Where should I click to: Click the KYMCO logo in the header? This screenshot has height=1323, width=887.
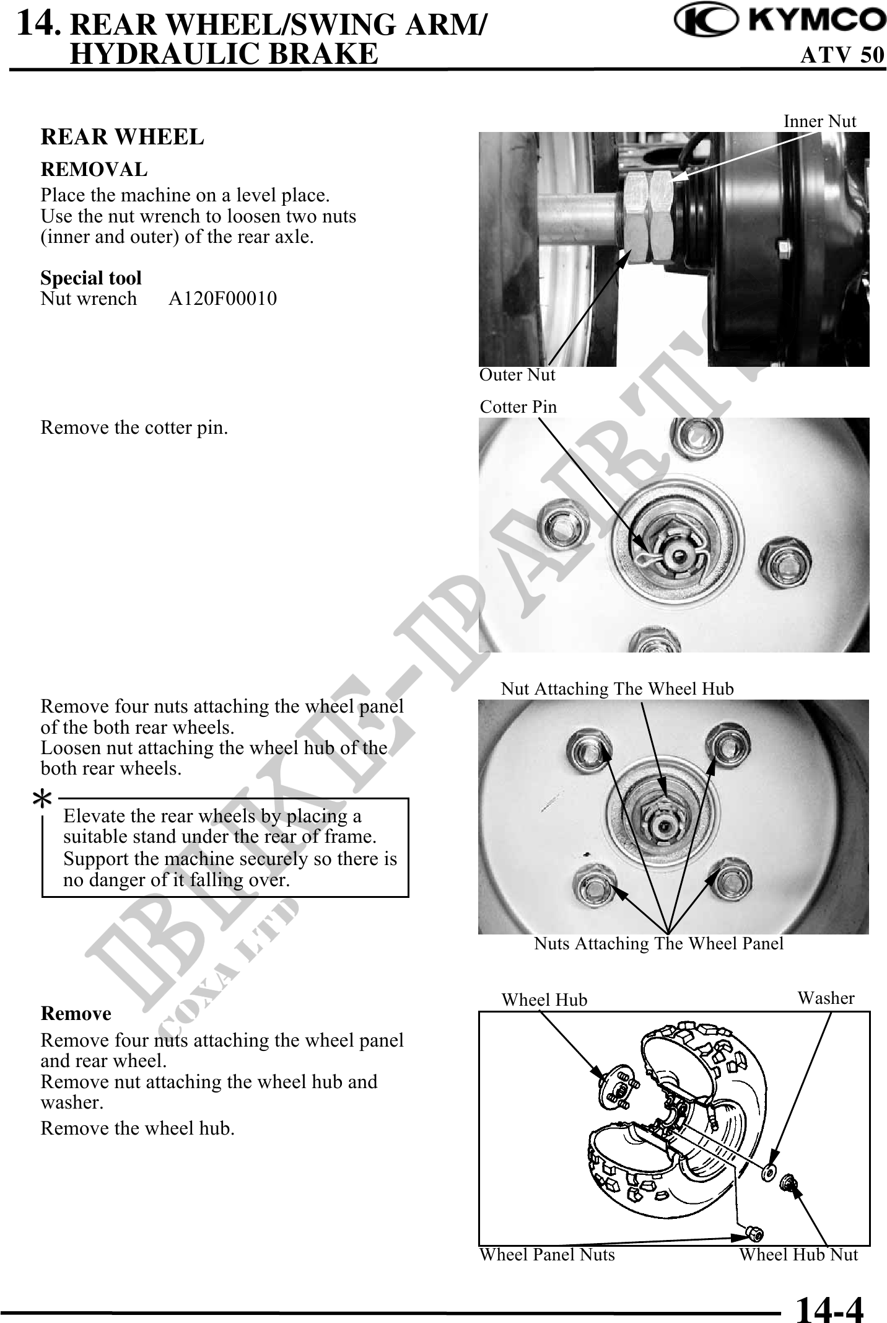tap(780, 21)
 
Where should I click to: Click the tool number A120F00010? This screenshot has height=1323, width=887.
tap(222, 299)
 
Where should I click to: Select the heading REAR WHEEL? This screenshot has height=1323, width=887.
tap(122, 137)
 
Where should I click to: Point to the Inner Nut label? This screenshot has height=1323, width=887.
tap(819, 121)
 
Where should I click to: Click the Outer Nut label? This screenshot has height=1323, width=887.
tap(517, 375)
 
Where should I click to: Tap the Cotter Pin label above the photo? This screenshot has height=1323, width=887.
tap(518, 407)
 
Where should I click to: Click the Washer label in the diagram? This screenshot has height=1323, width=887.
tap(825, 998)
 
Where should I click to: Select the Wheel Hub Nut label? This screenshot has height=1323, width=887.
tap(798, 1255)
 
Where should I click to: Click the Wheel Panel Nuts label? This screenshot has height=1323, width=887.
tap(547, 1255)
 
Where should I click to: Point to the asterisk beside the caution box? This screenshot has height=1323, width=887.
tap(42, 801)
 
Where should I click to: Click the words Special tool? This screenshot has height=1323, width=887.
tap(91, 278)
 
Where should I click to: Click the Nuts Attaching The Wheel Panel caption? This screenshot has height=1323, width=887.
tap(658, 944)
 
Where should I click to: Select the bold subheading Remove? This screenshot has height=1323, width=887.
tap(76, 1014)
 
